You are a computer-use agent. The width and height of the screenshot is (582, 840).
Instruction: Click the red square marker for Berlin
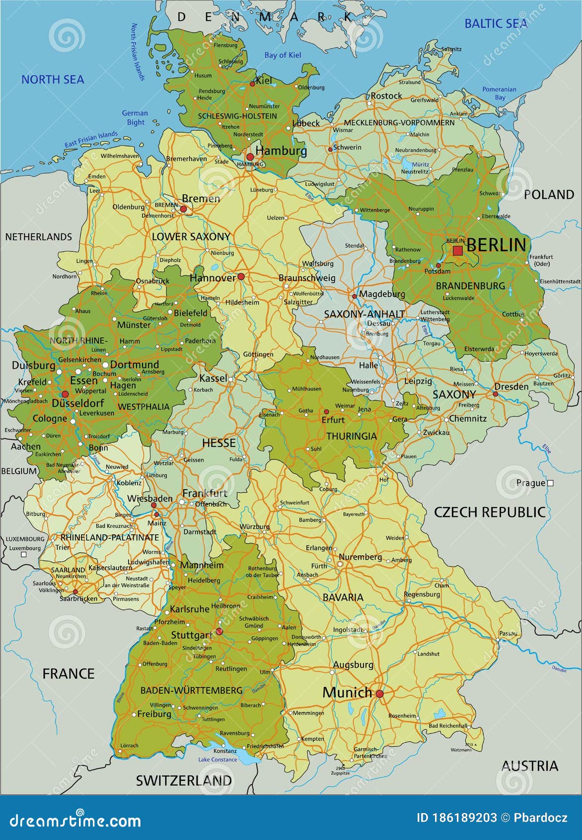point(457,251)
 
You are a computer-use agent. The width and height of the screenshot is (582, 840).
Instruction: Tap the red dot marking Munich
point(379,694)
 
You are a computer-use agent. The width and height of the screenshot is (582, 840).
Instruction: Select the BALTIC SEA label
point(496,23)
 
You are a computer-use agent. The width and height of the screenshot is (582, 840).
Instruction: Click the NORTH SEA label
point(53,79)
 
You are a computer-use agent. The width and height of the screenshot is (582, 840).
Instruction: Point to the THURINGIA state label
point(351,436)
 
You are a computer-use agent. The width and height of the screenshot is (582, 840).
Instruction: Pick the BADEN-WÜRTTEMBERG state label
point(191,690)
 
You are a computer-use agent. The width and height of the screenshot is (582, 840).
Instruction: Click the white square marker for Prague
point(550,483)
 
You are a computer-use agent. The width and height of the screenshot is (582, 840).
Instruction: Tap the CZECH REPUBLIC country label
point(489,512)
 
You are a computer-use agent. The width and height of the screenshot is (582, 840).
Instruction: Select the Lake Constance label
point(218,759)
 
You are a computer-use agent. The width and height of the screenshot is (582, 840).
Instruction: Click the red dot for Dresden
point(495,394)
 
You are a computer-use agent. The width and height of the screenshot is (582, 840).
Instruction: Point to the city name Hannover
point(213,278)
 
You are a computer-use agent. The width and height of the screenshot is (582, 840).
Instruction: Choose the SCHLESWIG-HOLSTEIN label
point(237,116)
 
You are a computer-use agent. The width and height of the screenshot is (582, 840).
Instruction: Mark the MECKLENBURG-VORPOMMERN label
point(399,122)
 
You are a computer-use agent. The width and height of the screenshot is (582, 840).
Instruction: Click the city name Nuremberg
point(360,557)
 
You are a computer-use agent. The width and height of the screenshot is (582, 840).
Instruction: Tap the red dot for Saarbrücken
point(75,591)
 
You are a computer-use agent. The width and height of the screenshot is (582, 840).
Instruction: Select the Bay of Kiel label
point(283,55)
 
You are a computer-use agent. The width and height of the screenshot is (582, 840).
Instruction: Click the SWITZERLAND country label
point(184,780)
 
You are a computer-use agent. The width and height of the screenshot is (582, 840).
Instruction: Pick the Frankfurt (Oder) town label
point(541,260)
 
